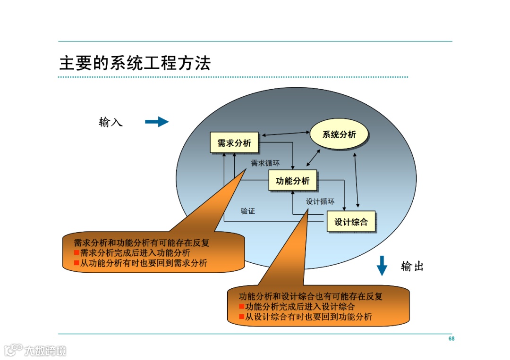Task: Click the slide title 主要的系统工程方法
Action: pos(135,63)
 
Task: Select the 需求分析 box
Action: pos(234,142)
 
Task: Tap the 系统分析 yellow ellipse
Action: pos(339,135)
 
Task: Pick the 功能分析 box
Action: pos(293,180)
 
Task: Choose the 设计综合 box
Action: pos(351,222)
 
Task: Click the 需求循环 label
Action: pos(265,163)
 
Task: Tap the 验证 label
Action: pos(247,211)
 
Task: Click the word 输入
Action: pos(110,122)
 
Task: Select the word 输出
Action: pos(412,267)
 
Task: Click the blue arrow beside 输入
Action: pos(156,122)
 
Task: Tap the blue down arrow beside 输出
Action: pos(382,266)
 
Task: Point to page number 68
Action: pos(451,339)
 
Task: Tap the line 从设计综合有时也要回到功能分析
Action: pos(308,317)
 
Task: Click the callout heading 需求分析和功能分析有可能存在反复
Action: pos(141,243)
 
